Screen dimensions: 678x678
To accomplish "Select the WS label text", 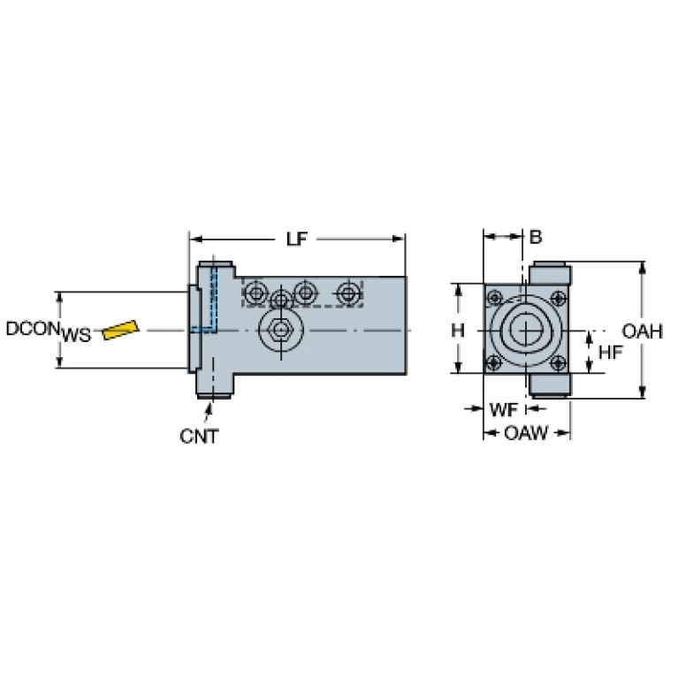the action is pos(77,335).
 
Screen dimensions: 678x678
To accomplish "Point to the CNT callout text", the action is pos(199,435).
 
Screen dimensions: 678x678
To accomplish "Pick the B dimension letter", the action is pos(535,237).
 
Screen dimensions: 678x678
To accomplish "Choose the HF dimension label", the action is pos(610,352).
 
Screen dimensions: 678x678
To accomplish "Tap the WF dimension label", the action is pos(502,409).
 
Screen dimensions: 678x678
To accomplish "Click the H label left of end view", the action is pos(457,331).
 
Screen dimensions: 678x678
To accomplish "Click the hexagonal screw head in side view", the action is pos(280,331).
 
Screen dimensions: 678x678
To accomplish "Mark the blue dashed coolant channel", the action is pos(212,301).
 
